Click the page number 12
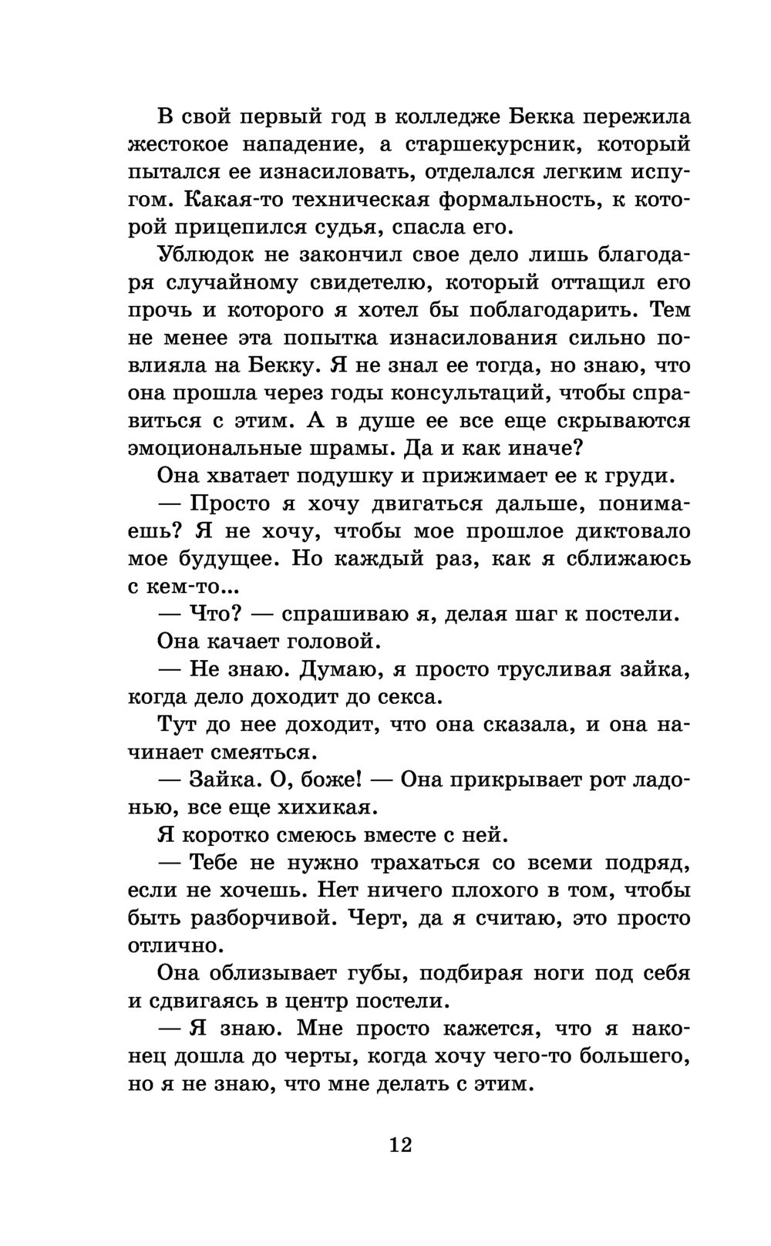[401, 1144]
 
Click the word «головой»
[328, 642]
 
